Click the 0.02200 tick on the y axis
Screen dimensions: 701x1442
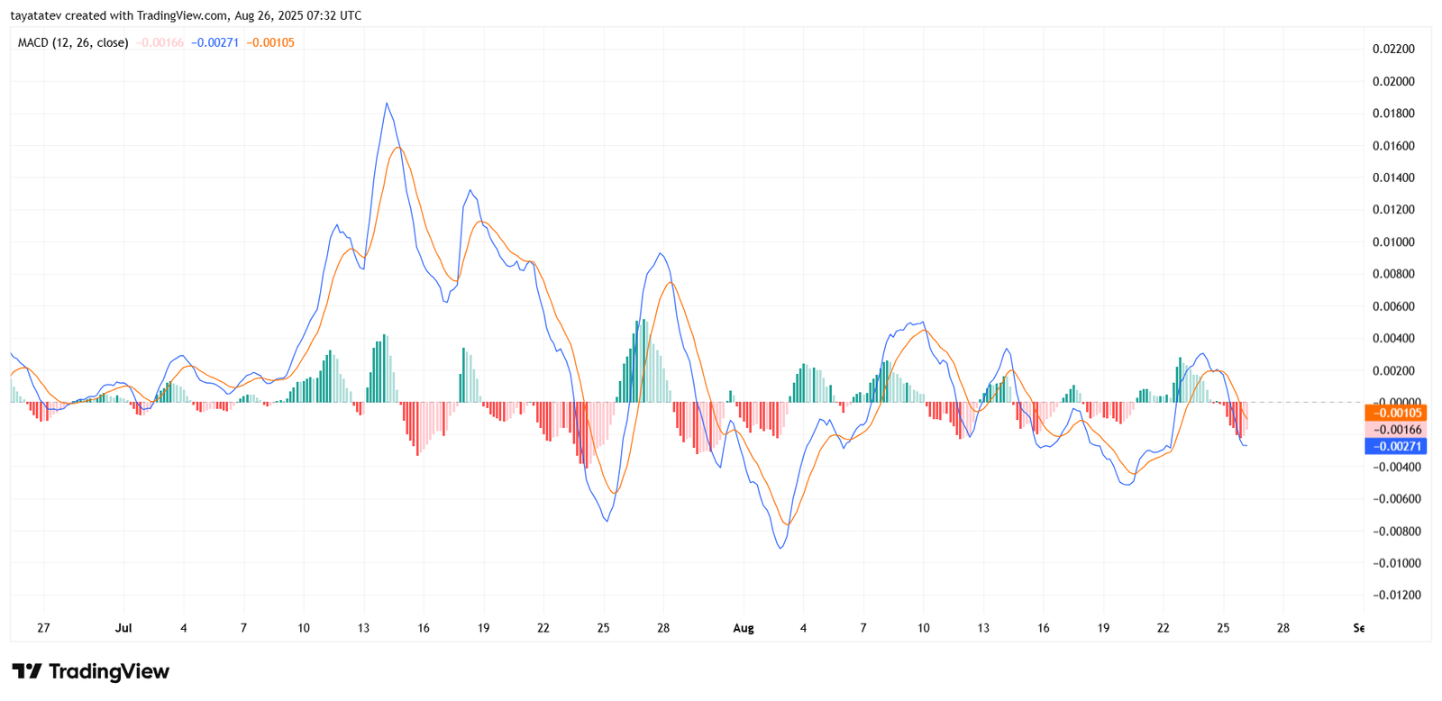click(1393, 49)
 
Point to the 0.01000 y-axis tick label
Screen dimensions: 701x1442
click(1393, 241)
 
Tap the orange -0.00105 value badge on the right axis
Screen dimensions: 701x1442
click(1395, 414)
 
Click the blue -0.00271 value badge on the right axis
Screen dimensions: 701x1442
click(1395, 446)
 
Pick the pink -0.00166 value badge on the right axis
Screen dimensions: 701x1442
click(1395, 430)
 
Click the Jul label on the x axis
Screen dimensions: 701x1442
click(123, 628)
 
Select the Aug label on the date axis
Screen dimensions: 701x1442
click(744, 628)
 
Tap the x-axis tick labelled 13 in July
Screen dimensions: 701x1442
click(363, 628)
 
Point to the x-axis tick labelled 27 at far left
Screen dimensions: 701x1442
click(43, 628)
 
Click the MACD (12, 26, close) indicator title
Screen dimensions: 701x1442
click(73, 42)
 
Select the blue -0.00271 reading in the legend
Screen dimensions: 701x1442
click(214, 42)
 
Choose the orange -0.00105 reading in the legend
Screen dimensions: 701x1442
click(270, 42)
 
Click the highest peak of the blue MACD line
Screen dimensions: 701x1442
click(387, 104)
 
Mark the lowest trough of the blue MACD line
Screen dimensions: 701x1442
click(780, 548)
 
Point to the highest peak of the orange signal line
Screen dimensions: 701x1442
click(398, 147)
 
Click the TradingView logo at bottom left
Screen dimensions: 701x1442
click(90, 671)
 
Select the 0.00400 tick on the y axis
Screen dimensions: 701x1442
click(1393, 338)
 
